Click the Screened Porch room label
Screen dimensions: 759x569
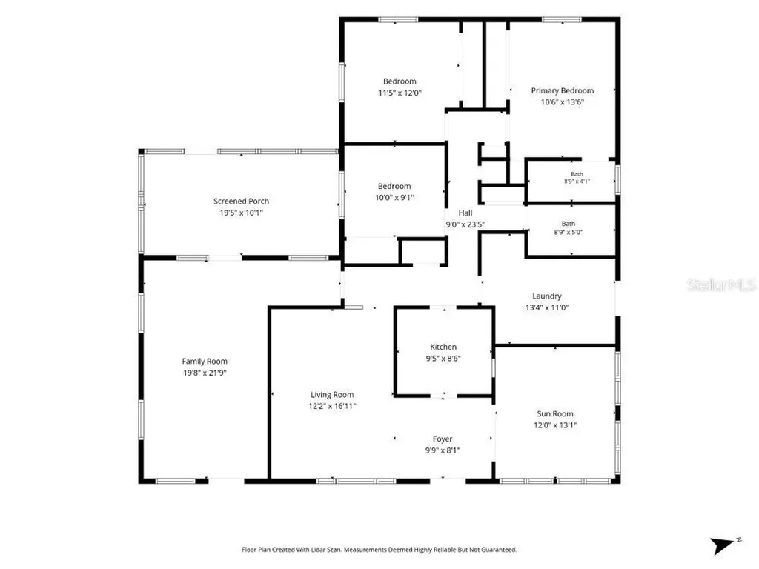coord(241,202)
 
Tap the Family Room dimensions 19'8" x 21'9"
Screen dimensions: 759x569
coord(205,373)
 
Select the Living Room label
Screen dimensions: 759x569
coord(332,395)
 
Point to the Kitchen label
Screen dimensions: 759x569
coord(443,347)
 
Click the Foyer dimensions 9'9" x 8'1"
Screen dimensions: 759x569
coord(443,450)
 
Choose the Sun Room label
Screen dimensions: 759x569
coord(555,413)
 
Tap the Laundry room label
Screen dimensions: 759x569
coord(547,296)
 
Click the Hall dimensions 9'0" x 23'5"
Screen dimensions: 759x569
coord(465,224)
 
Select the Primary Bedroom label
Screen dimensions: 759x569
coord(563,90)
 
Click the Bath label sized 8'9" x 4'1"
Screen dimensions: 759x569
coord(577,174)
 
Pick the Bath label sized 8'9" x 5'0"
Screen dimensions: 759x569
coord(569,224)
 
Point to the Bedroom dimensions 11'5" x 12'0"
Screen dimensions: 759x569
coord(400,93)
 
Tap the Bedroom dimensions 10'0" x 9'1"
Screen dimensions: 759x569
coord(394,197)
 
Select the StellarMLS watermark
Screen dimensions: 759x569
coord(721,284)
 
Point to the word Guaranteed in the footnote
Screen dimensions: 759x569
coord(499,550)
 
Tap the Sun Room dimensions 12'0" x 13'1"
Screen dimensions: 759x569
coord(555,425)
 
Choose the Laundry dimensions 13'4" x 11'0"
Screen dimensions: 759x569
coord(547,307)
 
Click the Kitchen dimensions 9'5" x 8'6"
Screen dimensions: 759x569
coord(443,359)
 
